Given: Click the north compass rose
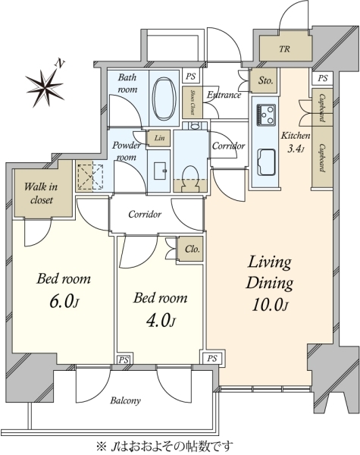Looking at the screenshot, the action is pos(45,85).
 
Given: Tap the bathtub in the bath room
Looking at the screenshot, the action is pos(164,99).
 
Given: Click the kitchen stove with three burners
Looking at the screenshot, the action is pos(266,115).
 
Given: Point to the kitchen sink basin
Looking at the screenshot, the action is pos(266,162).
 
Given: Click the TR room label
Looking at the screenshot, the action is pos(284,49).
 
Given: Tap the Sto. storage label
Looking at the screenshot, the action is pos(266,80).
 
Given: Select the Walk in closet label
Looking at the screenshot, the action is pos(41,193).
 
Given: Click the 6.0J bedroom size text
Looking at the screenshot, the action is pos(64,302).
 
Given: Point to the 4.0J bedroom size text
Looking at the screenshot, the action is pos(161,321).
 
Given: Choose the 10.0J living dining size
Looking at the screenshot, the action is pos(270,305).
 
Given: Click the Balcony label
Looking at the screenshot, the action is pos(125,400).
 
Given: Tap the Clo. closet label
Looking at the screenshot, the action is pos(193,249).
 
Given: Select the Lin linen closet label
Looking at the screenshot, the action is pos(160,138).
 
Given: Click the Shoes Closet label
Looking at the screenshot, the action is pos(192,102).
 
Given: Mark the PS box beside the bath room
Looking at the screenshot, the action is pos(190,77).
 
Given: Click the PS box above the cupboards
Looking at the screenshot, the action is pos(323,78).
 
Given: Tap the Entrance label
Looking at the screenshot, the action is pos(224,95).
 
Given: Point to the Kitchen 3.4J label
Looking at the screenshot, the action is pos(296,142).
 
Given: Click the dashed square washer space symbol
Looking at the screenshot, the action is pos(91,177).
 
